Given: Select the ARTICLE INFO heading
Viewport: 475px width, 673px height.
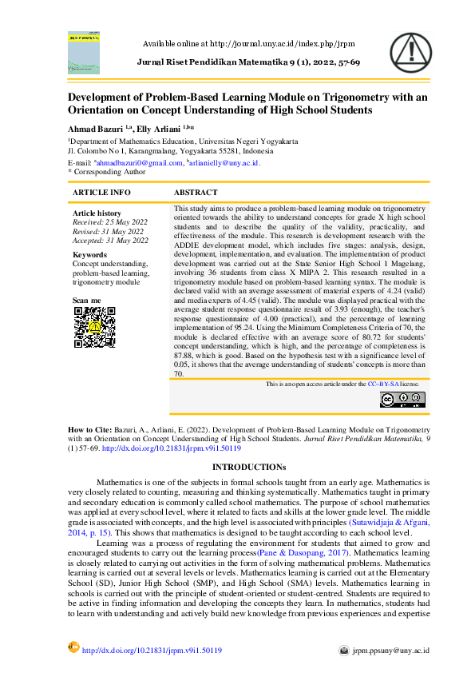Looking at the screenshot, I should [101, 193].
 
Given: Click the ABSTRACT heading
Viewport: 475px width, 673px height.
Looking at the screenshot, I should [196, 193].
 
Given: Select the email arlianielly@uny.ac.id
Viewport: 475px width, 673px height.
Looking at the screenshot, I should [224, 162].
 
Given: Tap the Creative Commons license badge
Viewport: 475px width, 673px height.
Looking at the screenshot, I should [402, 400].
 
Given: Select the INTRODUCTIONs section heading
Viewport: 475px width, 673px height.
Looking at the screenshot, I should [237, 466].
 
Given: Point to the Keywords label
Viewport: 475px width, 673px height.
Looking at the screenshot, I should [89, 255].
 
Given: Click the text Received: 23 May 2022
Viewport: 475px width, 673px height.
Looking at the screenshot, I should [109, 222].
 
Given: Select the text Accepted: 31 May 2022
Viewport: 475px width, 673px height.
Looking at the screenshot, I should [110, 240].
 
